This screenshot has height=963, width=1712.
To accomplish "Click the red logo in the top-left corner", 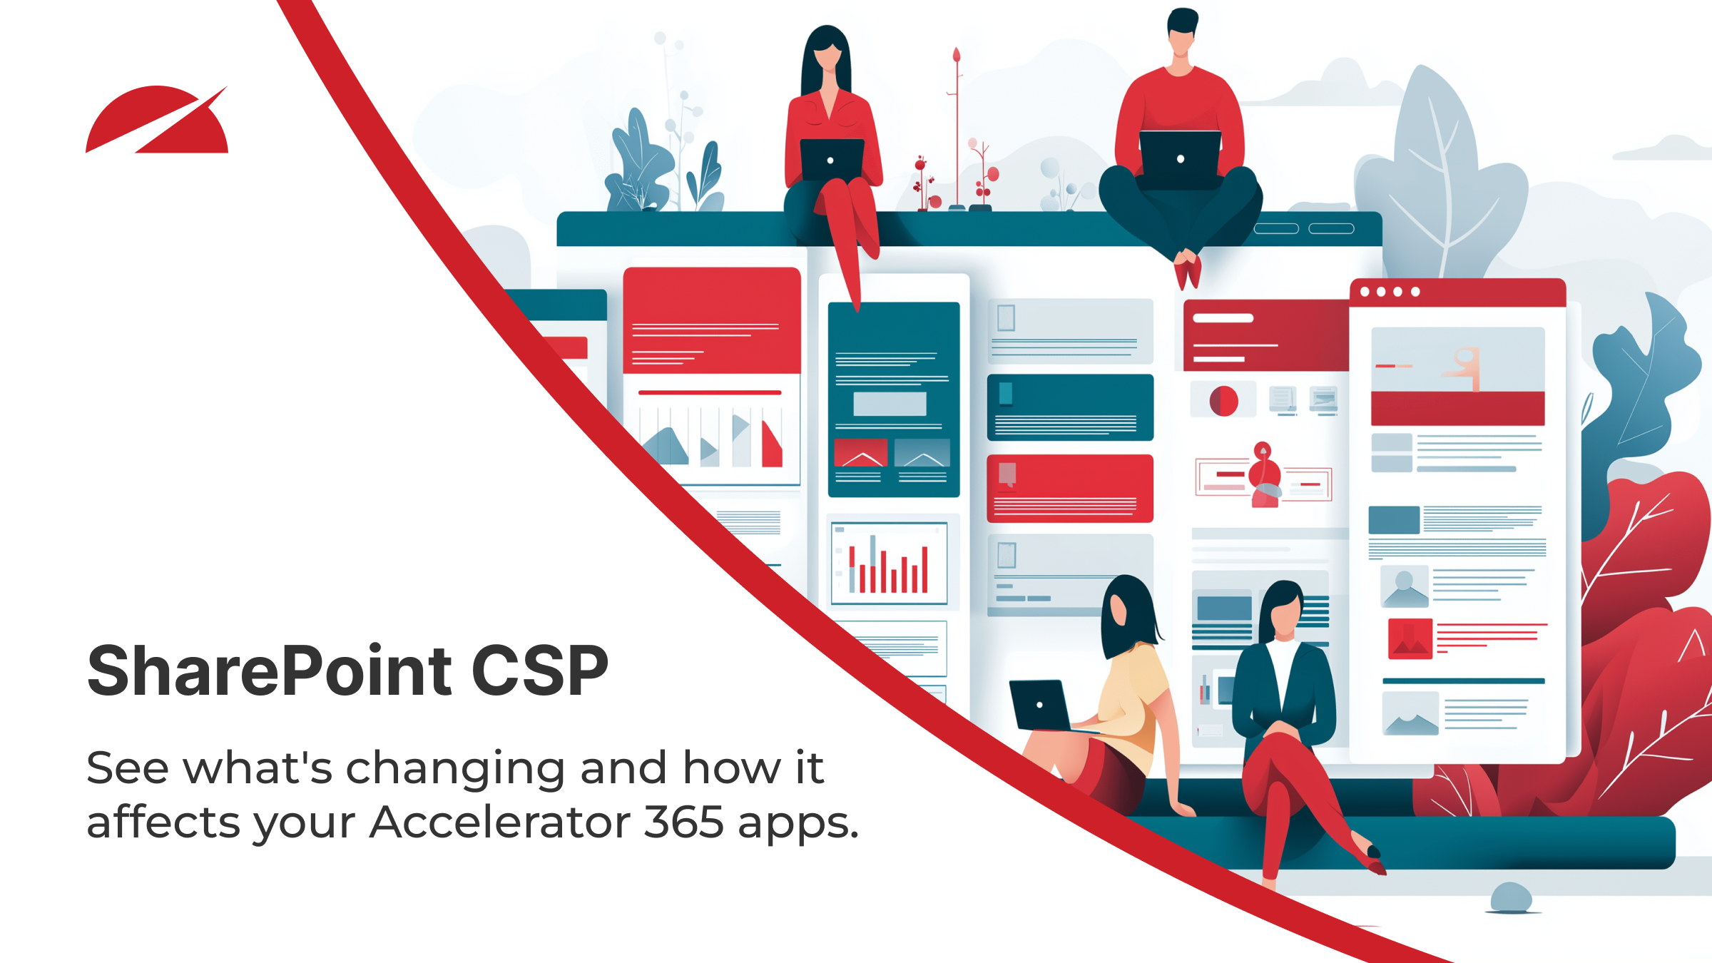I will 157,121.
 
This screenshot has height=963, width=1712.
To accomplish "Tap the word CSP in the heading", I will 539,671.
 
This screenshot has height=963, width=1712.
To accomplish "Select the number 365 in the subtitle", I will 683,822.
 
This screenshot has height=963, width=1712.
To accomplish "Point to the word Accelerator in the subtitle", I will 499,822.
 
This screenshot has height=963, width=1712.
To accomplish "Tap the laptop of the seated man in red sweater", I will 1180,158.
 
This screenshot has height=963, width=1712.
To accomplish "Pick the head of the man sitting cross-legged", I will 1181,32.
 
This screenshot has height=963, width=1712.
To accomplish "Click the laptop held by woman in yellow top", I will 1040,705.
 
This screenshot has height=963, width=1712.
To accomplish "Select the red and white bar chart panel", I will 889,564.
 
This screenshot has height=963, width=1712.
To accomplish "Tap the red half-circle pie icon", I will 1223,401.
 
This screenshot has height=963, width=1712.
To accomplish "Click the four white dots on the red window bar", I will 1390,292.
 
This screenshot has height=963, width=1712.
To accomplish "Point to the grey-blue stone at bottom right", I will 1511,897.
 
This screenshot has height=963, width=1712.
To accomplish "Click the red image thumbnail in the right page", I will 1410,638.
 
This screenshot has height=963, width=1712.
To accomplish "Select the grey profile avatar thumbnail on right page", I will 1404,586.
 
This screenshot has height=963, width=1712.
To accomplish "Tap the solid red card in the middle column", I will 1069,488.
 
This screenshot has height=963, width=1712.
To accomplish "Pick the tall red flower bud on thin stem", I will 957,56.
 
